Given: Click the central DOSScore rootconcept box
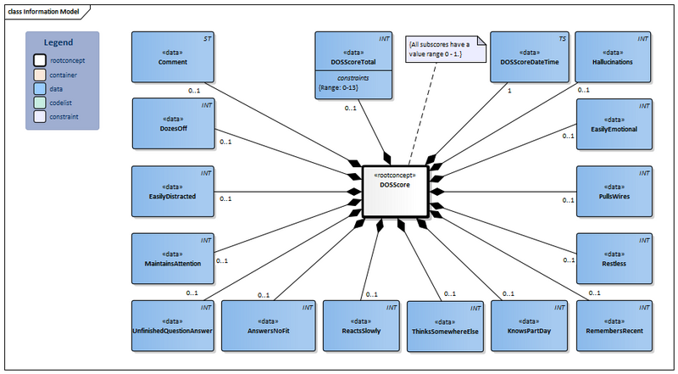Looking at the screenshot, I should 395,190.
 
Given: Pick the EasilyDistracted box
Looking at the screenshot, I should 172,190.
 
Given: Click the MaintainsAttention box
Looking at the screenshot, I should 172,258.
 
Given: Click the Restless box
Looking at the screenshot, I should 614,258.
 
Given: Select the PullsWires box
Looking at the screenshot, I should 614,190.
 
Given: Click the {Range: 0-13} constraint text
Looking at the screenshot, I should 336,88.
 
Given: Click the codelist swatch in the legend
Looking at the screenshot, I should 41,103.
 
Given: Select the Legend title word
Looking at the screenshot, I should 58,42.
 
